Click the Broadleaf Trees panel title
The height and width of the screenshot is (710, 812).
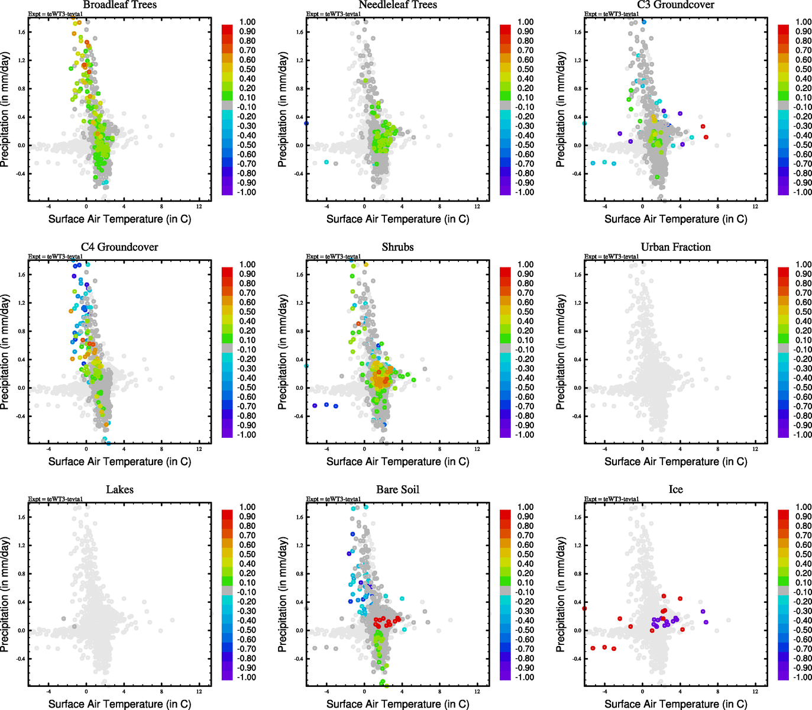point(119,5)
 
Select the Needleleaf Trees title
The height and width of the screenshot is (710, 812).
point(397,5)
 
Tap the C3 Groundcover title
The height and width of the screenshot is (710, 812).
point(675,5)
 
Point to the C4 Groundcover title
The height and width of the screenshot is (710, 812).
point(119,247)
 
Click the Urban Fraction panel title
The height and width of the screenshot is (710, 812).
point(675,247)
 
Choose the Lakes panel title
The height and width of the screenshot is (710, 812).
point(119,490)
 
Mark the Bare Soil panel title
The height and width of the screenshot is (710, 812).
point(397,490)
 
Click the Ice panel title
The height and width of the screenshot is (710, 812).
point(675,490)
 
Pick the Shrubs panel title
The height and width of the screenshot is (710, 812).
point(397,247)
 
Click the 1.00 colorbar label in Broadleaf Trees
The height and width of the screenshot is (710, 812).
point(247,22)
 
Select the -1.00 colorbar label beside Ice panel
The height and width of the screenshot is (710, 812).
point(803,677)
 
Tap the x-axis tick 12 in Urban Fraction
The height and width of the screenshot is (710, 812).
point(755,449)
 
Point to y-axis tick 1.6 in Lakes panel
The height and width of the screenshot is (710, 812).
point(21,517)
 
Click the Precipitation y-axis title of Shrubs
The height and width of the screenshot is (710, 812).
point(283,353)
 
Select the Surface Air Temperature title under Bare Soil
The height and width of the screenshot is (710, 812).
point(397,704)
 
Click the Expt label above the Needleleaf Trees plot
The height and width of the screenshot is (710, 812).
point(333,14)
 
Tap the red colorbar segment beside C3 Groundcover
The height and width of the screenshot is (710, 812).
point(783,29)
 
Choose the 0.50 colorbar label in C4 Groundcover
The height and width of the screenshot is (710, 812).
point(247,312)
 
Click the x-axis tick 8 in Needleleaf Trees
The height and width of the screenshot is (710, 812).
point(439,206)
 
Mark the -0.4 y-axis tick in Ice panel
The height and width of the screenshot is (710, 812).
point(577,659)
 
